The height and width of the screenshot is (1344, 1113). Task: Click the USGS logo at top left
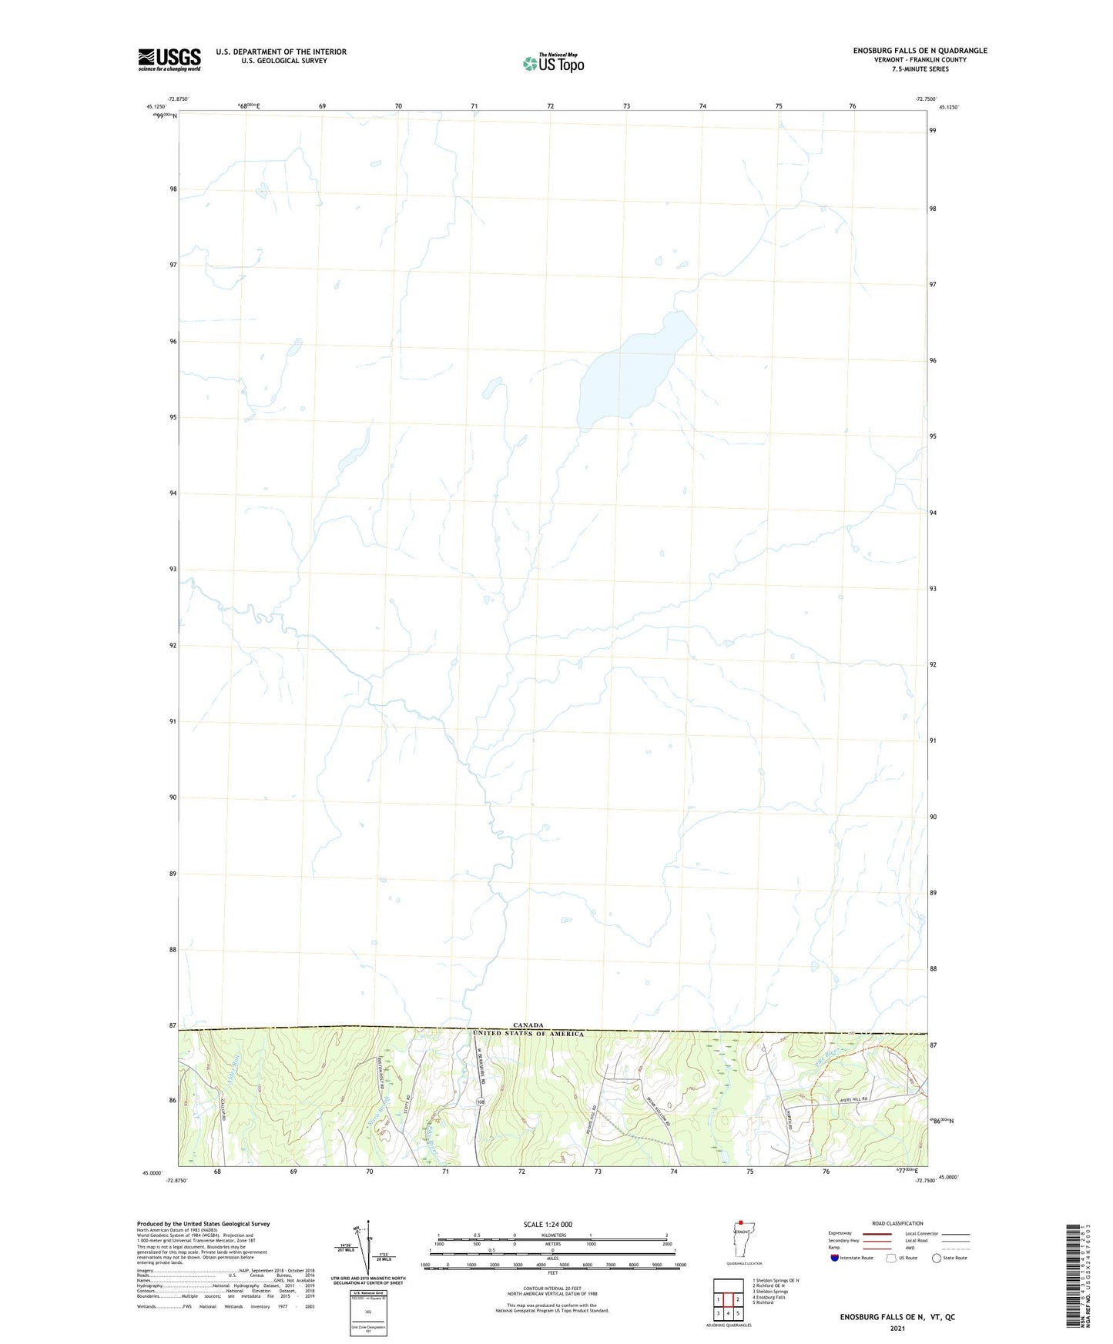pyautogui.click(x=169, y=59)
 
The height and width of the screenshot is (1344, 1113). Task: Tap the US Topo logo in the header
pyautogui.click(x=552, y=63)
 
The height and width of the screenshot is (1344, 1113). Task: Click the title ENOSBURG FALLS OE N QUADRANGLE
pyautogui.click(x=920, y=51)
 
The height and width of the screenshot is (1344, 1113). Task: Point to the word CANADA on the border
pyautogui.click(x=528, y=1025)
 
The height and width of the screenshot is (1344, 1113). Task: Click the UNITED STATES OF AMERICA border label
pyautogui.click(x=528, y=1034)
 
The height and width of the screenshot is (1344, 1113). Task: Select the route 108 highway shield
pyautogui.click(x=481, y=1103)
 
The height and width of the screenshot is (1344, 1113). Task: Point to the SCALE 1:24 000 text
pyautogui.click(x=548, y=1224)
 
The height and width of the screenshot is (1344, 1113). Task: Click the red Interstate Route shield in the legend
pyautogui.click(x=835, y=1258)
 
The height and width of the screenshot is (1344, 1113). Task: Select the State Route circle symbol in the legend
pyautogui.click(x=936, y=1258)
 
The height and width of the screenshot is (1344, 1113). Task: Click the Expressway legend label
pyautogui.click(x=840, y=1233)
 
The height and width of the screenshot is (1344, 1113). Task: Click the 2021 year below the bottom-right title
pyautogui.click(x=897, y=1329)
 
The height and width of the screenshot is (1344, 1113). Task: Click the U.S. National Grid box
pyautogui.click(x=367, y=1304)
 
